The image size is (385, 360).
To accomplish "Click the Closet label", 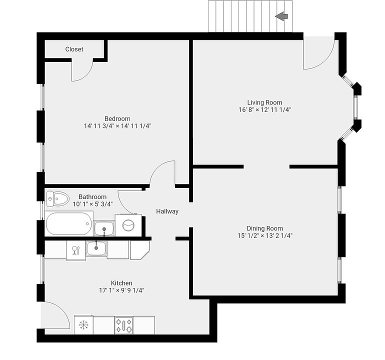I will pos(74,49).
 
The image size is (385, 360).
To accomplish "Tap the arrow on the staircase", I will pos(281,16).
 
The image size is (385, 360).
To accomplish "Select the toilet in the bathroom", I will pos(57,199).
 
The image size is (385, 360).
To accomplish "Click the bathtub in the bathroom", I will pos(69,223).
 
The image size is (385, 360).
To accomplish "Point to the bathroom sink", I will pos(104,228).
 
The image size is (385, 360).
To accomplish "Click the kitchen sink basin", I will pos(96,248).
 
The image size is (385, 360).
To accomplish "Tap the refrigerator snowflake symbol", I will pos(83,325).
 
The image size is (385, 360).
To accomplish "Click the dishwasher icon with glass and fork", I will pos(76,249).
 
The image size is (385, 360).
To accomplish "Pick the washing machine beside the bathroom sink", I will pos(128,225).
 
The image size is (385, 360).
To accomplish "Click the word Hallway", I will pos(167,211).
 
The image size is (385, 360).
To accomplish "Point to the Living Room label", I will pos(264,102).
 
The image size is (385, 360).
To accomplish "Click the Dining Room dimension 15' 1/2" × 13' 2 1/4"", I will pos(264,235).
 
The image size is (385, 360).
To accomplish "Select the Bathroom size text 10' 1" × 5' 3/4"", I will pos(92,204).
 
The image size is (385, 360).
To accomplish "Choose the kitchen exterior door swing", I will pos(55,315).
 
